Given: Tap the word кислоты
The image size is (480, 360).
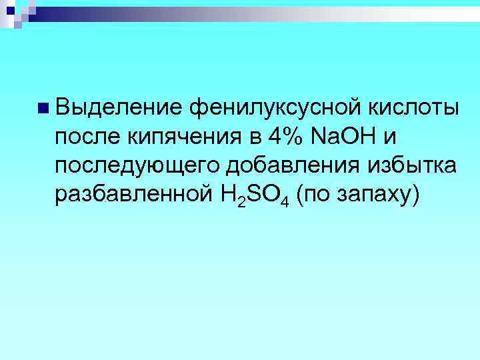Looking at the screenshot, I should pyautogui.click(x=413, y=107).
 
